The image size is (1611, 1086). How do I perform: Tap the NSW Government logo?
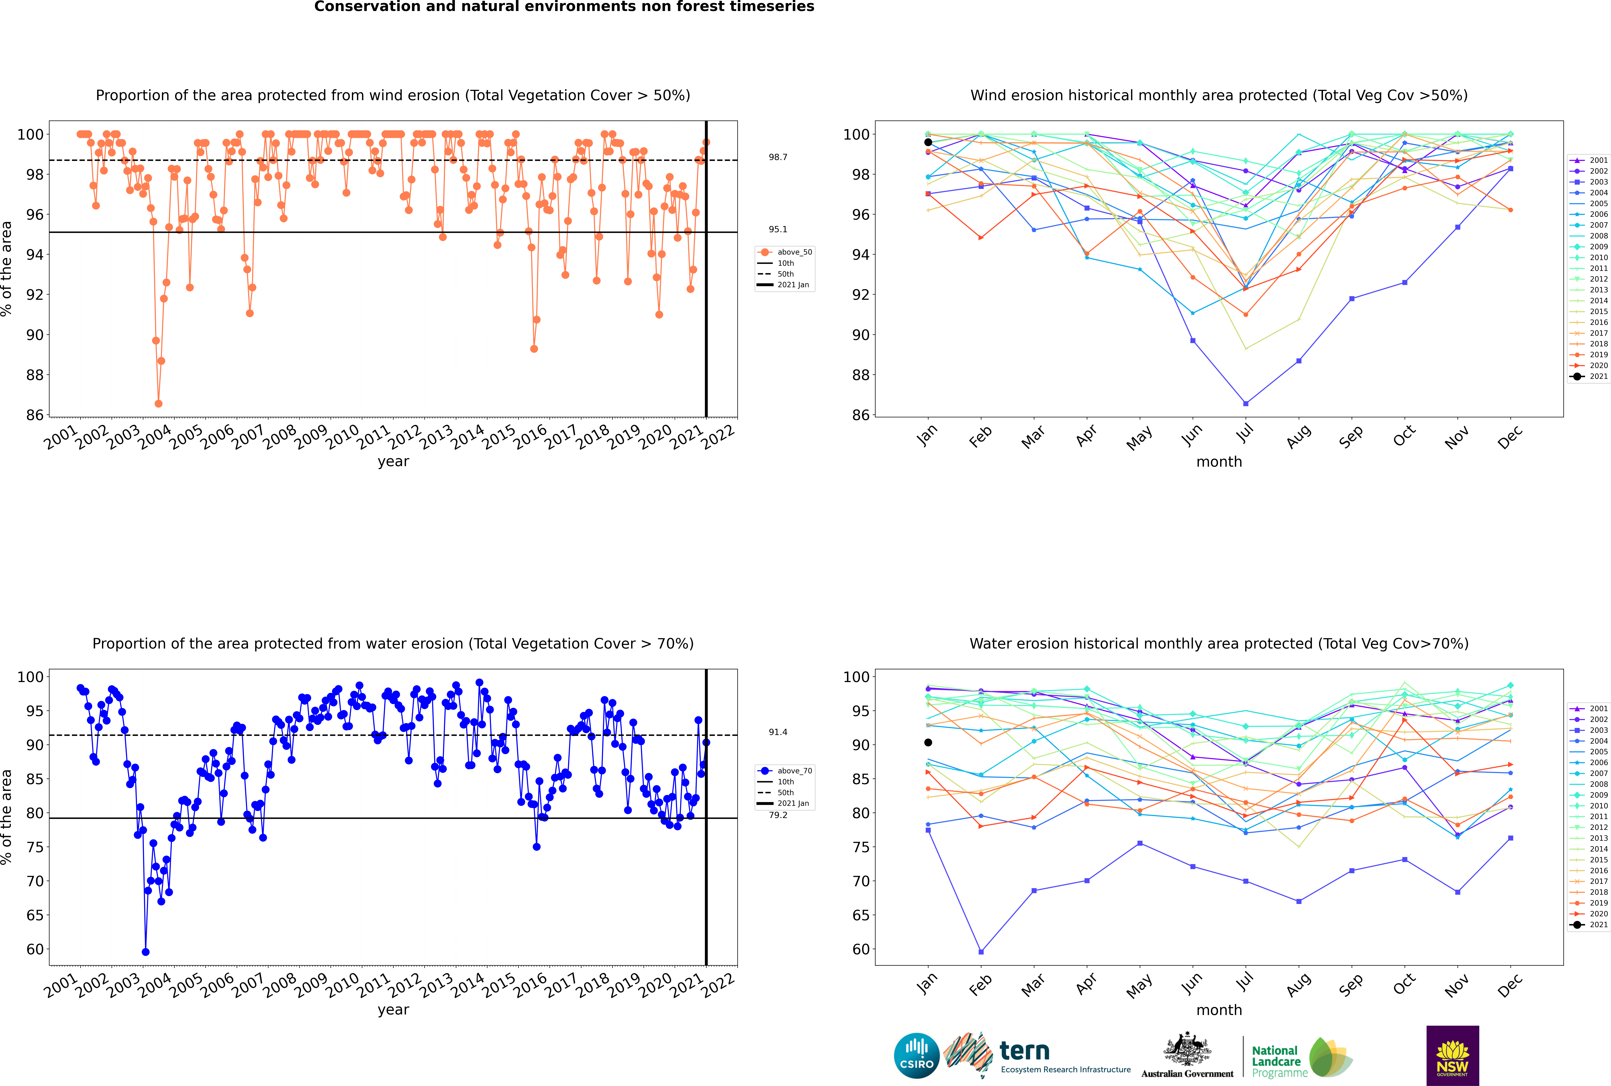tap(1452, 1056)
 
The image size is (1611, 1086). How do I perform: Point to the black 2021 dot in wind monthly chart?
tap(928, 142)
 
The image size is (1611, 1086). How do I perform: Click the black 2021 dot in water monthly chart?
tap(928, 742)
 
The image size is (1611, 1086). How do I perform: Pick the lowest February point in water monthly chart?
tap(981, 952)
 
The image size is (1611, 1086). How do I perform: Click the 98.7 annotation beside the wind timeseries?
tap(778, 157)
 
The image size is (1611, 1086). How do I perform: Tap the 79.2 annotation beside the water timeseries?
tap(778, 815)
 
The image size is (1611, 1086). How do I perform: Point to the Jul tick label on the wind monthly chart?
tap(1245, 433)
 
